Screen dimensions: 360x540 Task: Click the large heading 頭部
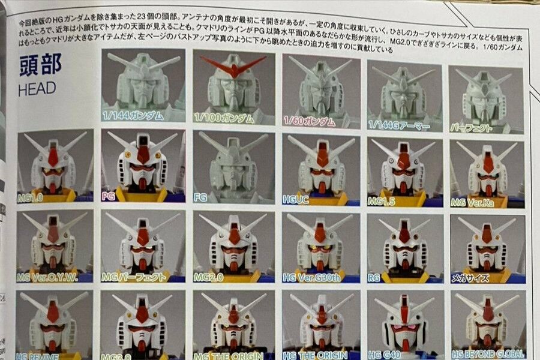(40, 65)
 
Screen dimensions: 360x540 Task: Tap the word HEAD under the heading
(37, 89)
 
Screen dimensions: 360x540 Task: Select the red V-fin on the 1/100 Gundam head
(233, 66)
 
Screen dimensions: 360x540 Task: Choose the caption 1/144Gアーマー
(399, 126)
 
